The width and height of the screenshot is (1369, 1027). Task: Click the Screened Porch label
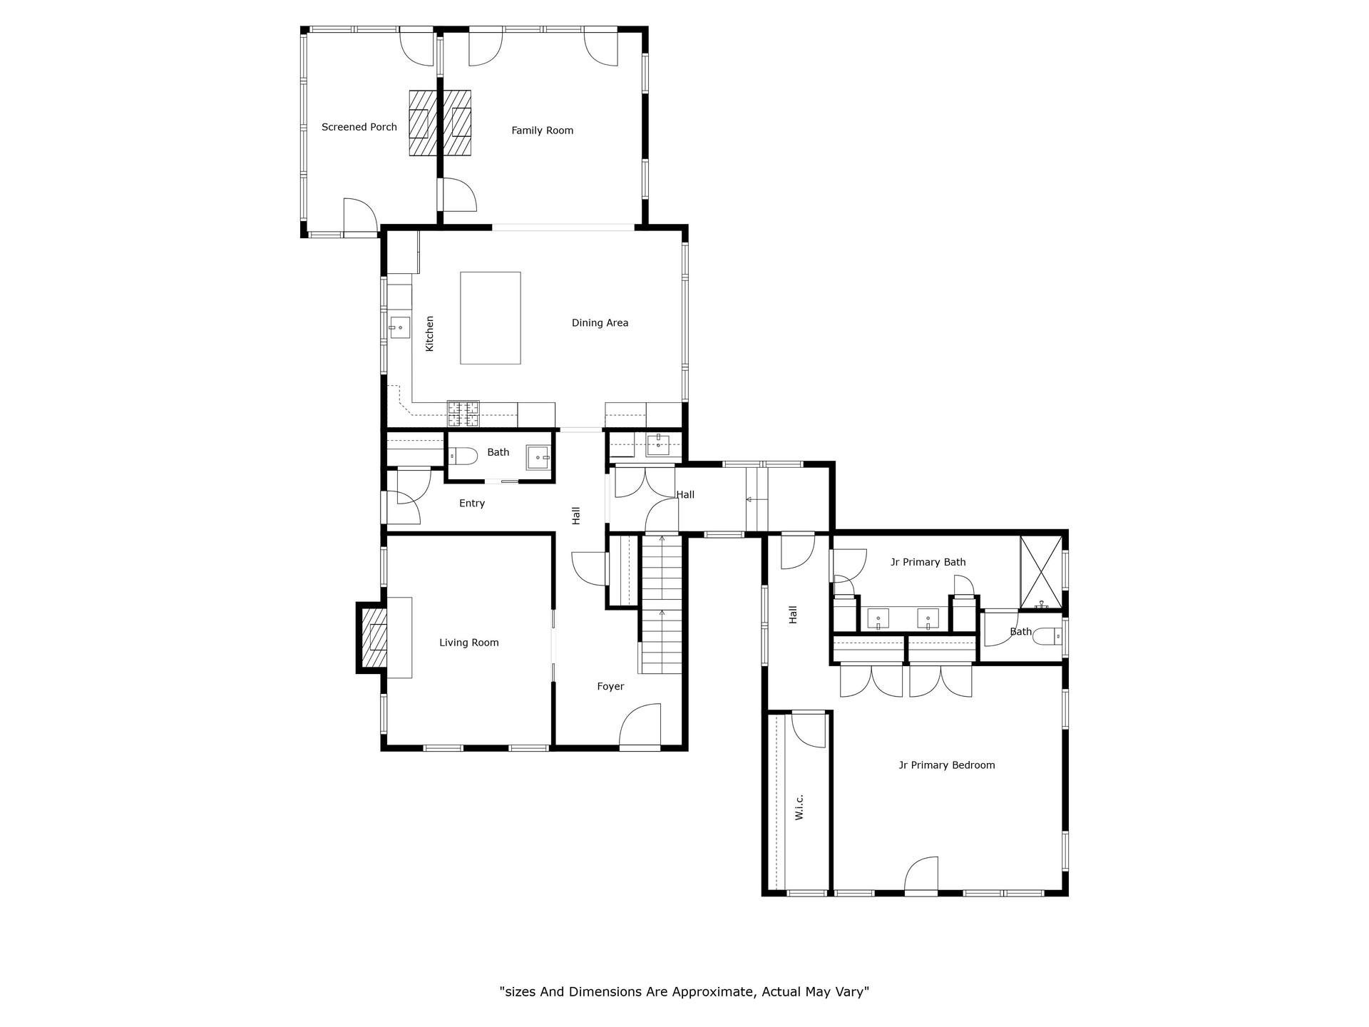[359, 127]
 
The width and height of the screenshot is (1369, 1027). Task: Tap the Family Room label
[542, 131]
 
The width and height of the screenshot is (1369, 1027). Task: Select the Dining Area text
[600, 323]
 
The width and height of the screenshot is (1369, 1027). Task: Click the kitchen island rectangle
[491, 317]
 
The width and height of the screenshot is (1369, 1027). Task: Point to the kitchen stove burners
[463, 414]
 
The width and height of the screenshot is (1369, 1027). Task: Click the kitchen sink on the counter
[400, 327]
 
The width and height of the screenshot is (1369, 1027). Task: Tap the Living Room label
[468, 643]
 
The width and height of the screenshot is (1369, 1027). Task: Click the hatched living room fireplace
[373, 637]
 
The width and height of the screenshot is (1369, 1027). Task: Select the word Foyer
[610, 687]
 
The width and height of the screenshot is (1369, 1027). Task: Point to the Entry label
[472, 504]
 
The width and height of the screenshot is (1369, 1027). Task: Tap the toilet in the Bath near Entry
[463, 455]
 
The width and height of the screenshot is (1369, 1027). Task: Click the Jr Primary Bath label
[928, 562]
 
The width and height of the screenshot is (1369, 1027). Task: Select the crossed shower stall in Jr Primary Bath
[1041, 572]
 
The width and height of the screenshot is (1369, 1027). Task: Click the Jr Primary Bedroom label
[946, 765]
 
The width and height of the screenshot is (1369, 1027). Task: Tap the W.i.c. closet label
[799, 807]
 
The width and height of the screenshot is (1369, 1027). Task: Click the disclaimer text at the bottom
[684, 991]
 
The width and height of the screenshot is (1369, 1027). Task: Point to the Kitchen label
[429, 334]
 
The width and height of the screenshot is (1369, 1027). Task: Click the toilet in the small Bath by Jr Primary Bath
[1047, 636]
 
